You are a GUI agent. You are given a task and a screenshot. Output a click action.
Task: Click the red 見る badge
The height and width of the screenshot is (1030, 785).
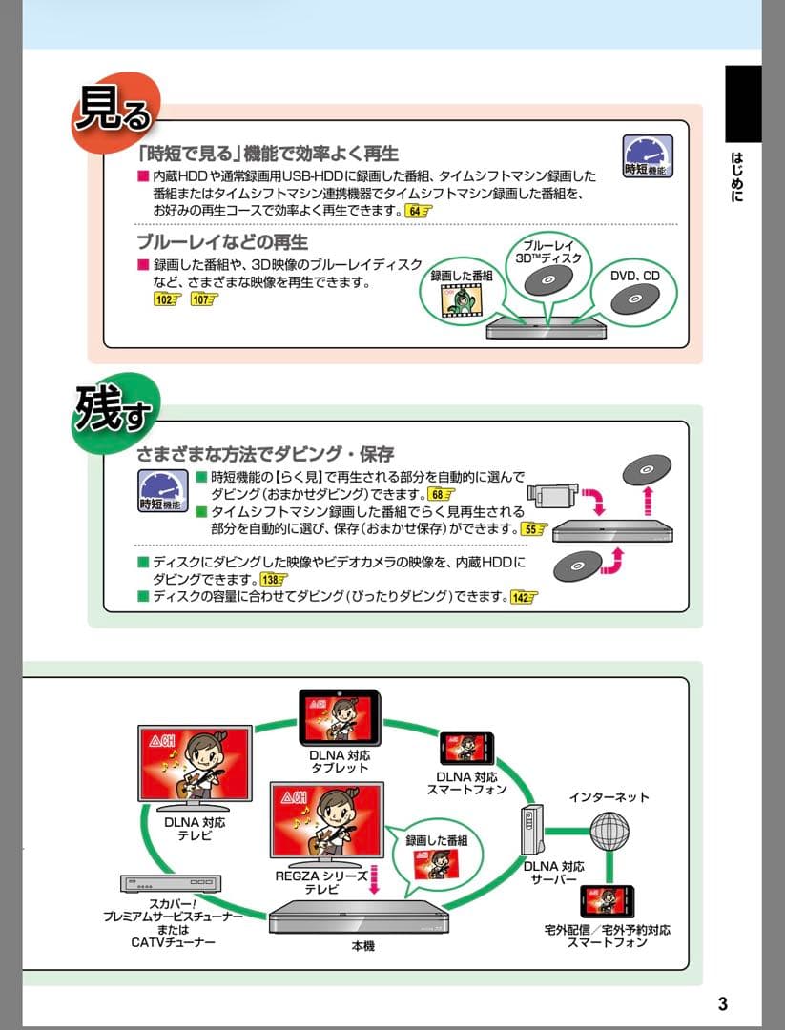113,114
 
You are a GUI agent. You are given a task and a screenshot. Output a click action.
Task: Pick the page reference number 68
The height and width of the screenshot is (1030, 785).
441,494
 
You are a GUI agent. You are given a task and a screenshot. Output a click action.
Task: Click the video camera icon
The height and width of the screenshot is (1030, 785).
552,494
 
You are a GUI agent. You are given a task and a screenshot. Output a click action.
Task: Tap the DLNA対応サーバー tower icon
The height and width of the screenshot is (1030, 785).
532,831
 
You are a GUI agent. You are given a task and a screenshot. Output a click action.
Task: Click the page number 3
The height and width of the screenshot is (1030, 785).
722,1003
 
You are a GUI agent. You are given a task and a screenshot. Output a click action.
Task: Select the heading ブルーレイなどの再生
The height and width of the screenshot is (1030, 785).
222,240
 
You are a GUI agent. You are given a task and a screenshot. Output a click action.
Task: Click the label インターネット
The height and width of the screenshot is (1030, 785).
609,796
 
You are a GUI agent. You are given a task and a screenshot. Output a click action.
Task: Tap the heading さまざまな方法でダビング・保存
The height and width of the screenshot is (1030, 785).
265,453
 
